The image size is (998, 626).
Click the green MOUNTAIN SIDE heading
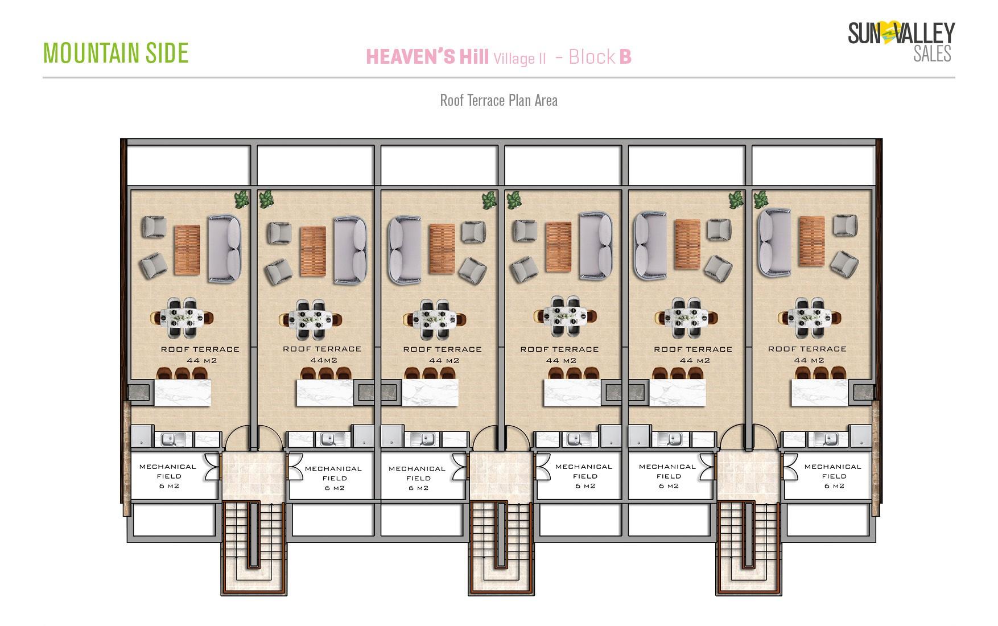116,53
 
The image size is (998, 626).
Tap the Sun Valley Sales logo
901,41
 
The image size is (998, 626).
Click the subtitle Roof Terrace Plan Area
498,101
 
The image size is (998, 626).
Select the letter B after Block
625,57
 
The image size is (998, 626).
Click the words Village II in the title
520,58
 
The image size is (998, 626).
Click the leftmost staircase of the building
254,549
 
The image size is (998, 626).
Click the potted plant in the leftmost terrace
242,200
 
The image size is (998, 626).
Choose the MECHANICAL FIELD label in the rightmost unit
833,476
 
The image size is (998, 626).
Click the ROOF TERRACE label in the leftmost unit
200,349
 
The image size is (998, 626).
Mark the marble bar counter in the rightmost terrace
820,393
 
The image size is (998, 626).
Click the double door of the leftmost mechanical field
212,467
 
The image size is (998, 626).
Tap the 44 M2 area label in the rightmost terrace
809,360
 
